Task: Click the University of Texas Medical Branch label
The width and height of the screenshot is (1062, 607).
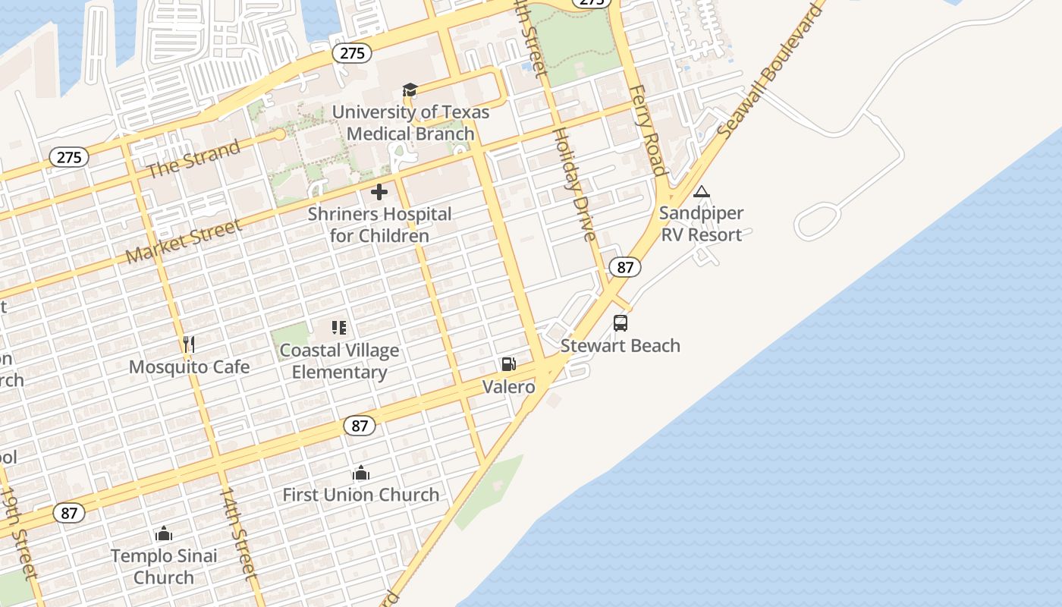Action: (410, 123)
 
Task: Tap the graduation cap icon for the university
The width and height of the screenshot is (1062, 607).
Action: (410, 91)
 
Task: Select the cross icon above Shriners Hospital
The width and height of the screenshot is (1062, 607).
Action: (379, 192)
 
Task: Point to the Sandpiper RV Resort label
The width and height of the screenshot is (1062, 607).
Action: (701, 224)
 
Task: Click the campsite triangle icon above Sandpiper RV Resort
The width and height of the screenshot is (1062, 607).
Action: (702, 192)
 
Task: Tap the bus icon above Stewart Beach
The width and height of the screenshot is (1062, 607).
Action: (621, 323)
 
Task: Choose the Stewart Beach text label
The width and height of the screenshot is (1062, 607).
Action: (621, 346)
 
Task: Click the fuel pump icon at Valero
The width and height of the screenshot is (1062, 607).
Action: (508, 364)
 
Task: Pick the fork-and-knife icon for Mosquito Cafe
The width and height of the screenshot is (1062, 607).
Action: (189, 344)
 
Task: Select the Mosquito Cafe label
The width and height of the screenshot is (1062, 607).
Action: (189, 367)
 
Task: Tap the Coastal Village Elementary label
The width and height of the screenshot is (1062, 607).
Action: (339, 361)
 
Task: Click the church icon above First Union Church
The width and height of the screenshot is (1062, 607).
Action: (361, 473)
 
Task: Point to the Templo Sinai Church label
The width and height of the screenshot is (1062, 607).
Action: (164, 566)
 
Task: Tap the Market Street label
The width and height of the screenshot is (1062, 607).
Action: (184, 240)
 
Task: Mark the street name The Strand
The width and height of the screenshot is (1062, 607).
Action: (193, 159)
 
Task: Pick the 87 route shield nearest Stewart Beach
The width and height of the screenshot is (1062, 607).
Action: (625, 267)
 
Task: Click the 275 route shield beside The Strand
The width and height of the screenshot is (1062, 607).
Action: (69, 157)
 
